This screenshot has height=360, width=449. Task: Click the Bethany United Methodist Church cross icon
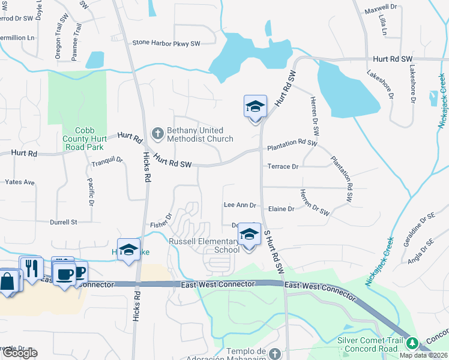pyautogui.click(x=158, y=134)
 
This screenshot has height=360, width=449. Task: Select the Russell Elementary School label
pyautogui.click(x=203, y=245)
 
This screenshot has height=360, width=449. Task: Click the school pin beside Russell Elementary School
pyautogui.click(x=249, y=235)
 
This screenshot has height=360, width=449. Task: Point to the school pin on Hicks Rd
pyautogui.click(x=128, y=251)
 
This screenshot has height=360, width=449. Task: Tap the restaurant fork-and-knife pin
pyautogui.click(x=32, y=268)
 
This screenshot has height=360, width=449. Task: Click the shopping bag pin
pyautogui.click(x=8, y=281)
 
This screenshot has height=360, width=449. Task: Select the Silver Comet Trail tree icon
pyautogui.click(x=412, y=343)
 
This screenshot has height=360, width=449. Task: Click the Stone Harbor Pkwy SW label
pyautogui.click(x=166, y=43)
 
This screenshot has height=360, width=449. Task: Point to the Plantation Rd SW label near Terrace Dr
pyautogui.click(x=292, y=143)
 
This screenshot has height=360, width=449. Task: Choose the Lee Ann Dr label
pyautogui.click(x=240, y=205)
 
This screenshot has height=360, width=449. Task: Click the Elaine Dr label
pyautogui.click(x=281, y=209)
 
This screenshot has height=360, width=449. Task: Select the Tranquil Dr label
pyautogui.click(x=107, y=161)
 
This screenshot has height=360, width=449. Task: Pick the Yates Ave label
pyautogui.click(x=20, y=182)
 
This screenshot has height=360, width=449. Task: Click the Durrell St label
pyautogui.click(x=64, y=222)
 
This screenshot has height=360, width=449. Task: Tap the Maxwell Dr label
pyautogui.click(x=381, y=8)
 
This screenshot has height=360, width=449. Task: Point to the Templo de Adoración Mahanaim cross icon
pyautogui.click(x=275, y=354)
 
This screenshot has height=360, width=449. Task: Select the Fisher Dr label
pyautogui.click(x=161, y=220)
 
